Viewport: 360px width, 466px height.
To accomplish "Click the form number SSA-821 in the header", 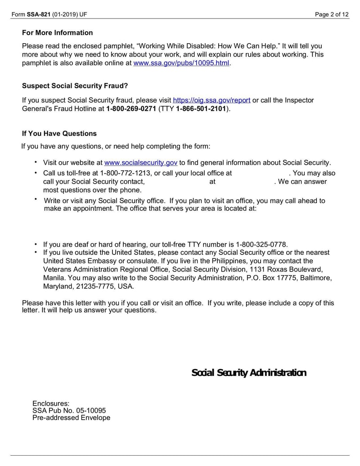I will pyautogui.click(x=39, y=14).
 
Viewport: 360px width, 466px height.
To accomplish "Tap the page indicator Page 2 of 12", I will pyautogui.click(x=332, y=14).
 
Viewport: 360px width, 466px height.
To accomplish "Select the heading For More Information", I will pyautogui.click(x=57, y=33).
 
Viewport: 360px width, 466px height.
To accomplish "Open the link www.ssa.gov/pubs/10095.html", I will pyautogui.click(x=181, y=63).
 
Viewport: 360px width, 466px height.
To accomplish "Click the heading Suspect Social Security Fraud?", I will pyautogui.click(x=75, y=86).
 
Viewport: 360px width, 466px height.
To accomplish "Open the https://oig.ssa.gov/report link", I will pyautogui.click(x=211, y=100).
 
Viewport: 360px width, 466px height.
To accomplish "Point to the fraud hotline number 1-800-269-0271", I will pyautogui.click(x=131, y=109).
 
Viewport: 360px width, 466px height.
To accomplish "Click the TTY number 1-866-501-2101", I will pyautogui.click(x=201, y=109).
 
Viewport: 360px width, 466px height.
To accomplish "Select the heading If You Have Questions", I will pyautogui.click(x=59, y=134).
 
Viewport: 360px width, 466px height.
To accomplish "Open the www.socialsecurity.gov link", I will pyautogui.click(x=141, y=163).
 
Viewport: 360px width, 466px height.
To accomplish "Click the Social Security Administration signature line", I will pyautogui.click(x=249, y=373).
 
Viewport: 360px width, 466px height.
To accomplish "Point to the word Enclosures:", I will pyautogui.click(x=51, y=403).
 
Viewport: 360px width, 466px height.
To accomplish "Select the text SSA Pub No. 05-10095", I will pyautogui.click(x=69, y=411).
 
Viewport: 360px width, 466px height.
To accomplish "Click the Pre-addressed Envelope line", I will pyautogui.click(x=71, y=418).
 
